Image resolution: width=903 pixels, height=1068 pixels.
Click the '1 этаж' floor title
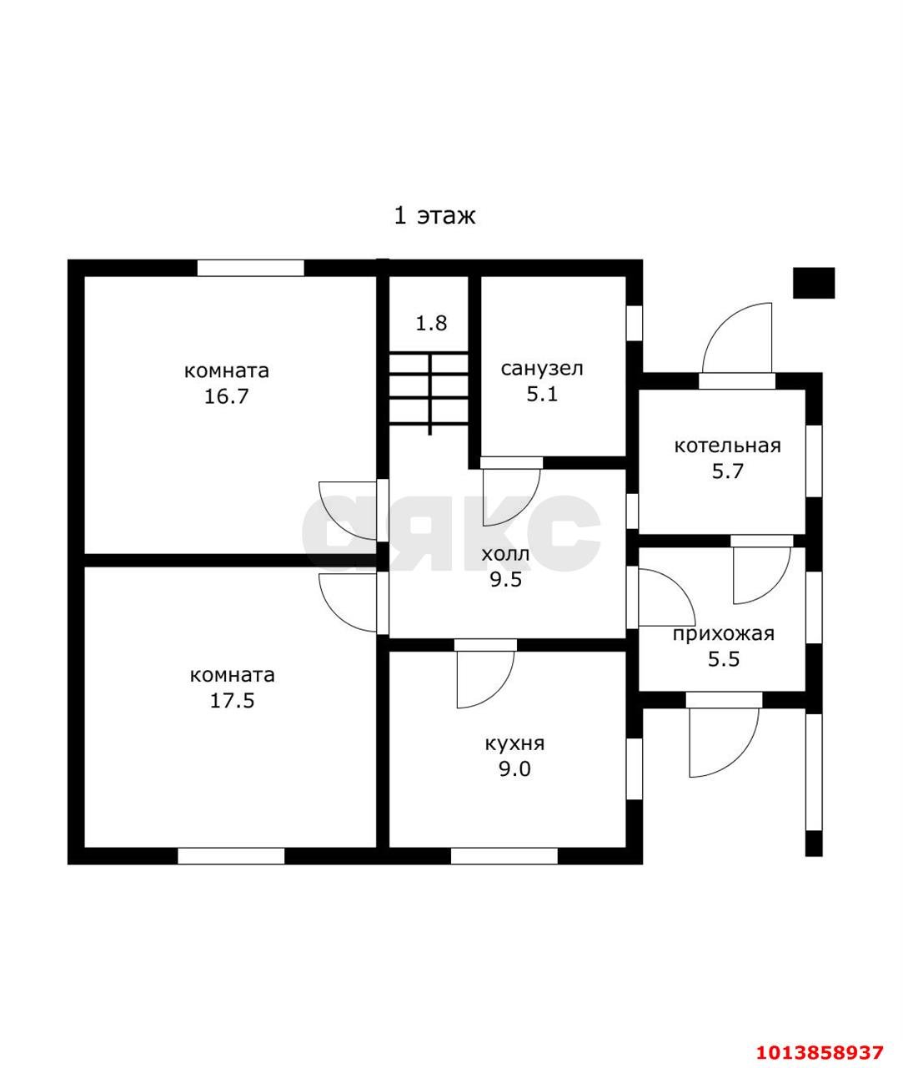[434, 215]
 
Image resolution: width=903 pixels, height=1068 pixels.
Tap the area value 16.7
[227, 396]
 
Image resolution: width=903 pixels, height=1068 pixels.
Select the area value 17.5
[233, 701]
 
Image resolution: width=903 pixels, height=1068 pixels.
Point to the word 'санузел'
[542, 369]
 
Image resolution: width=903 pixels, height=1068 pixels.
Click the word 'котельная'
[727, 446]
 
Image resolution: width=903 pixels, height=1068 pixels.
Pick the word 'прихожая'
[724, 634]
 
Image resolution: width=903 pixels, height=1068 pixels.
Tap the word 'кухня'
[514, 743]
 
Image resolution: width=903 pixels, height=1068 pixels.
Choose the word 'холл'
[505, 554]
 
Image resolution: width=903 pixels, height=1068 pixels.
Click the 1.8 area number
[431, 324]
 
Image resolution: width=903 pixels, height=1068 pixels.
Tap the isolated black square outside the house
[814, 283]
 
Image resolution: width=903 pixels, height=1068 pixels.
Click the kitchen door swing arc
[485, 679]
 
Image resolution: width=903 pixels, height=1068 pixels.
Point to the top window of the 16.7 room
[251, 268]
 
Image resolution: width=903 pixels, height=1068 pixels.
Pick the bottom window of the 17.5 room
[231, 856]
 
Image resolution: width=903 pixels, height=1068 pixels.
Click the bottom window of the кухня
[504, 856]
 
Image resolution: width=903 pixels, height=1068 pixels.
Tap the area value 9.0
[514, 768]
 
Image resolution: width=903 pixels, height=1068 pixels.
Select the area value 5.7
[727, 471]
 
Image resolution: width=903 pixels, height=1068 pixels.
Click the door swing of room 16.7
[348, 511]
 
